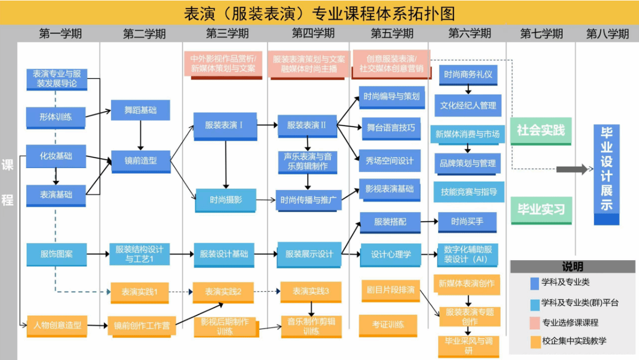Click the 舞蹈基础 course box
pyautogui.click(x=141, y=110)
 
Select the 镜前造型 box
pyautogui.click(x=141, y=160)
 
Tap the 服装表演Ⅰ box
pyautogui.click(x=224, y=125)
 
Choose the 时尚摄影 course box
pyautogui.click(x=225, y=199)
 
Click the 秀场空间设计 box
pyautogui.click(x=389, y=160)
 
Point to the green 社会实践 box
pyautogui.click(x=541, y=130)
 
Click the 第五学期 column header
pyautogui.click(x=392, y=34)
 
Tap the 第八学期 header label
pyautogui.click(x=607, y=34)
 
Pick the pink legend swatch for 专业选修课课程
pyautogui.click(x=535, y=322)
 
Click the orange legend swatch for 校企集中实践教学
pyautogui.click(x=535, y=341)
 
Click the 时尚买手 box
pyautogui.click(x=467, y=221)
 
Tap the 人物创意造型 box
pyautogui.click(x=57, y=325)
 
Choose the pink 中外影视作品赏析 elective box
pyautogui.click(x=223, y=64)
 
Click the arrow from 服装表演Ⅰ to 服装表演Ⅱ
pyautogui.click(x=267, y=126)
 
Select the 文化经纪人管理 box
pyautogui.click(x=467, y=105)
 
